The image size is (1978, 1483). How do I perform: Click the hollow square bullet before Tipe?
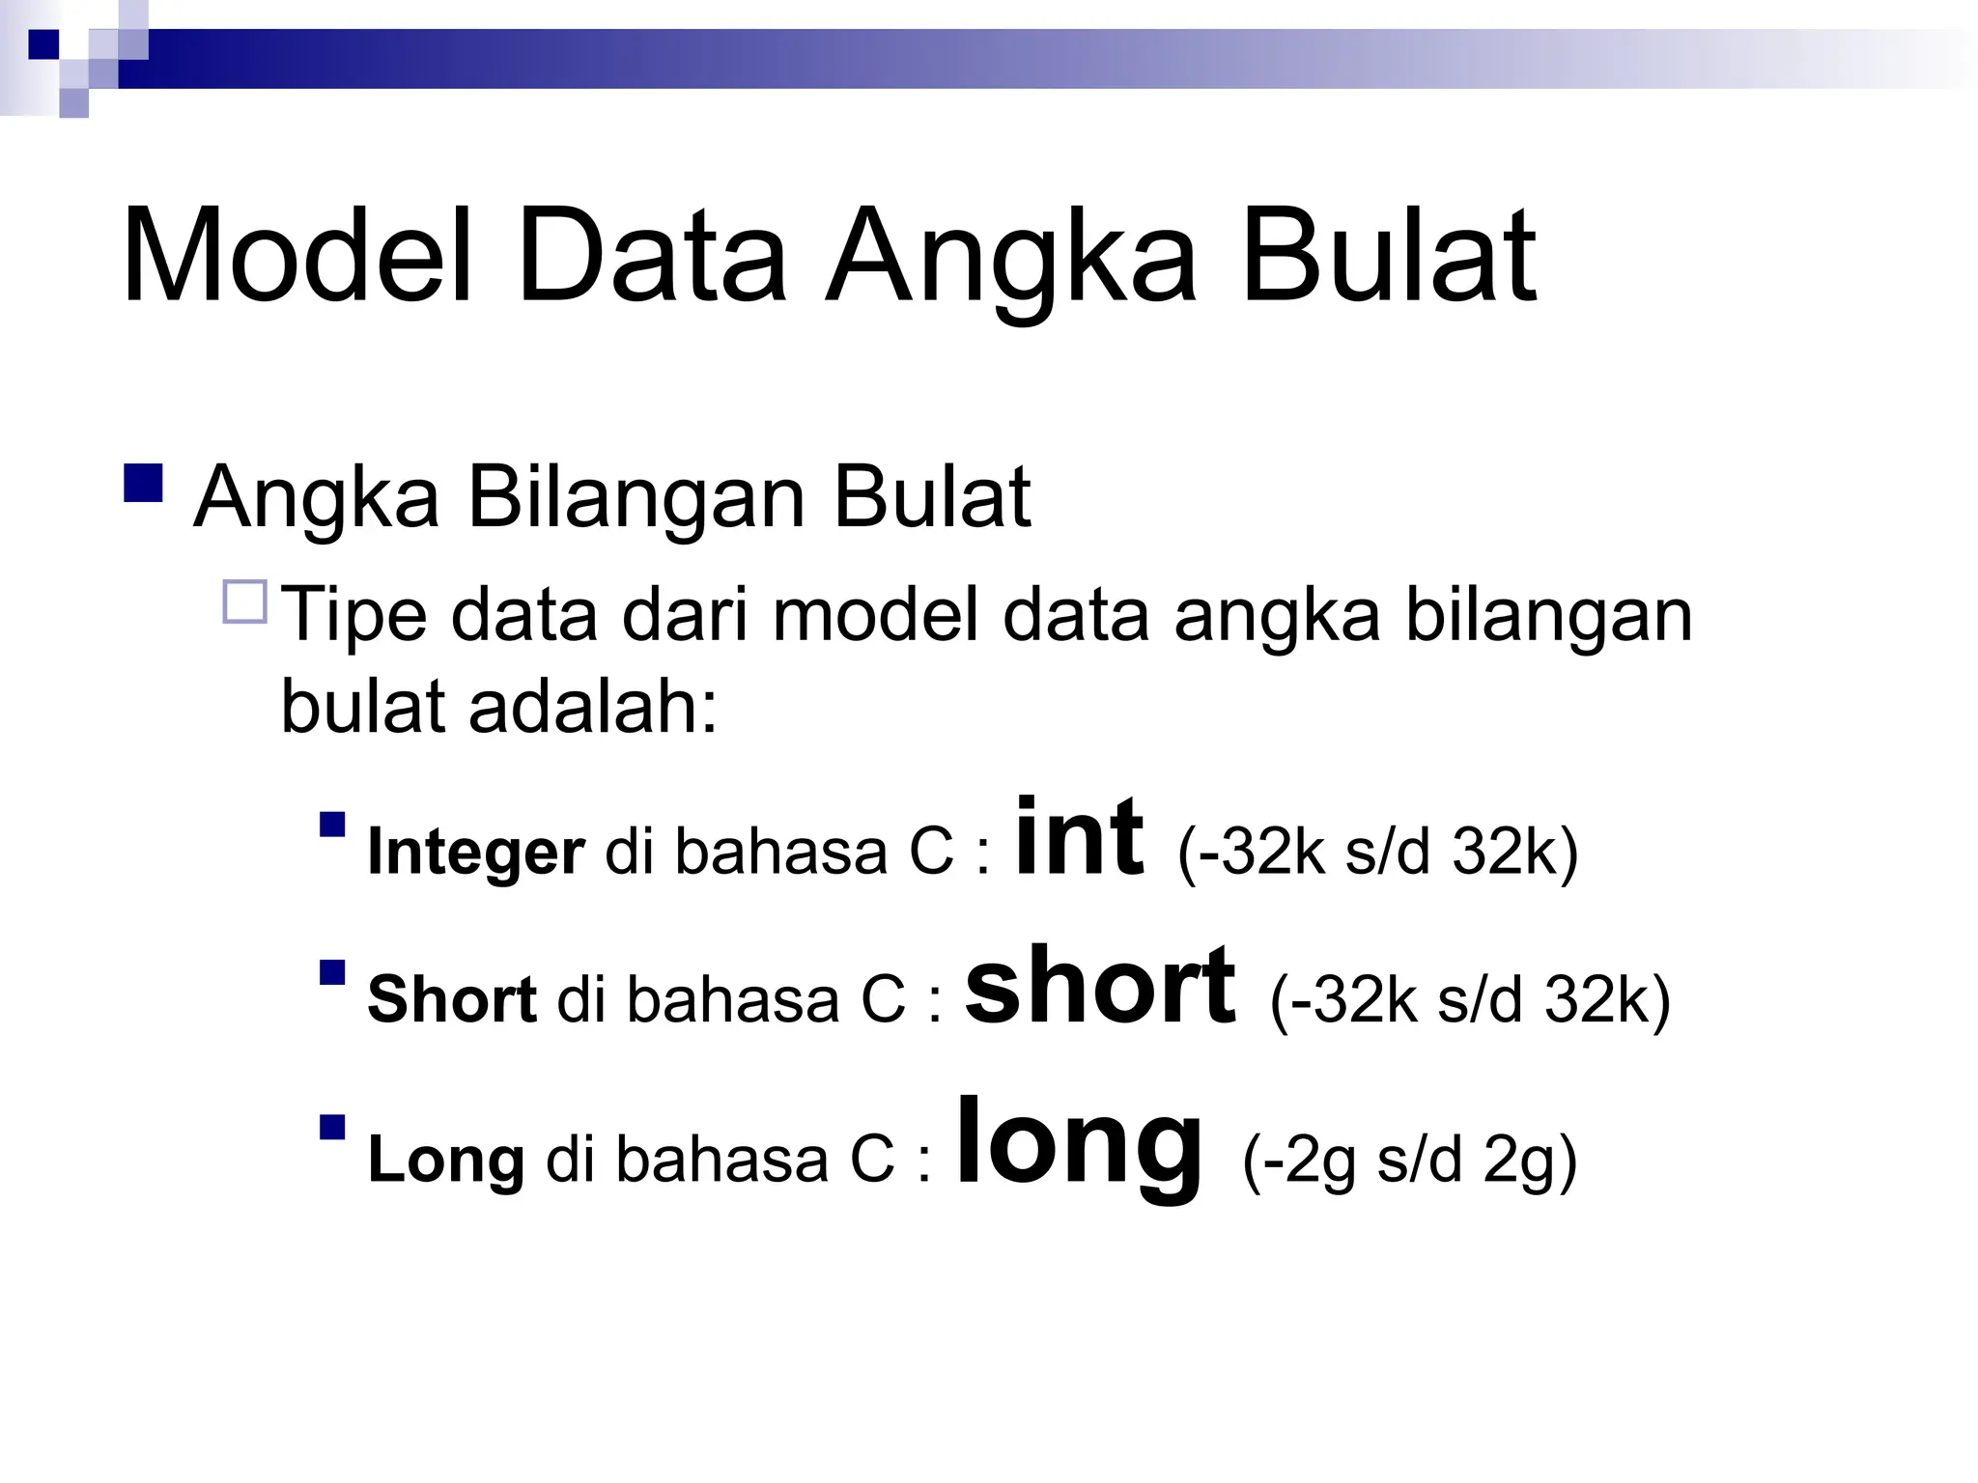pyautogui.click(x=244, y=602)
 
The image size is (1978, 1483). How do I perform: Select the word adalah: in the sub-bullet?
pyautogui.click(x=593, y=707)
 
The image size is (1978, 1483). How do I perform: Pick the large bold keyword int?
pyautogui.click(x=1080, y=836)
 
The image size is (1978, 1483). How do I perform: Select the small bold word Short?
pyautogui.click(x=452, y=999)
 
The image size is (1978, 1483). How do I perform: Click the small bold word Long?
pyautogui.click(x=446, y=1159)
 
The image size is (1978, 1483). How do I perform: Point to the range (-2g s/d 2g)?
pyautogui.click(x=1410, y=1160)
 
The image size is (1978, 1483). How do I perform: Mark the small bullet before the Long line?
pyautogui.click(x=332, y=1127)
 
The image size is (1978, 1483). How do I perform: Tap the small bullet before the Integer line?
pyautogui.click(x=332, y=824)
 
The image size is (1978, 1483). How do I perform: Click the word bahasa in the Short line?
pyautogui.click(x=733, y=999)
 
